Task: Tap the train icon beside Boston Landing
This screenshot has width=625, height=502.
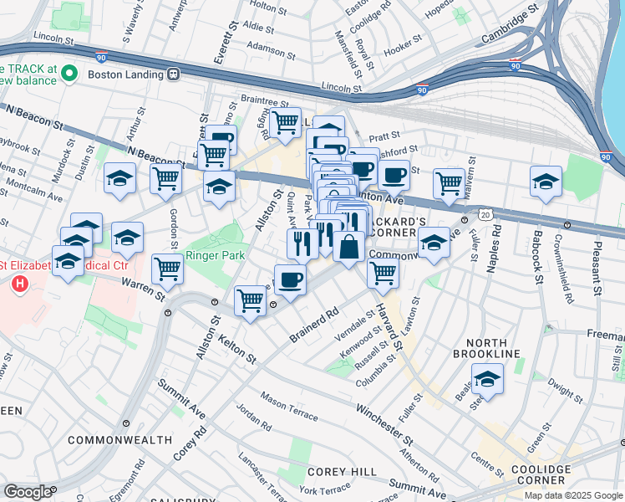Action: [x=173, y=73]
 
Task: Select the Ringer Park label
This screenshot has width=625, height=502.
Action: [x=213, y=254]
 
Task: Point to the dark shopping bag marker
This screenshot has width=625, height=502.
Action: [x=348, y=247]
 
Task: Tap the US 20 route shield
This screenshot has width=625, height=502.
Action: [x=484, y=213]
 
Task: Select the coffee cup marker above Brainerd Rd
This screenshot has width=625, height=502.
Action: [x=290, y=279]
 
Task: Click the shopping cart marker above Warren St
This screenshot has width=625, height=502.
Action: [x=168, y=269]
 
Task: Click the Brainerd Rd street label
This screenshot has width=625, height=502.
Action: [x=313, y=325]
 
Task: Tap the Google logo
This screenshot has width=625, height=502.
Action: [x=28, y=491]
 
